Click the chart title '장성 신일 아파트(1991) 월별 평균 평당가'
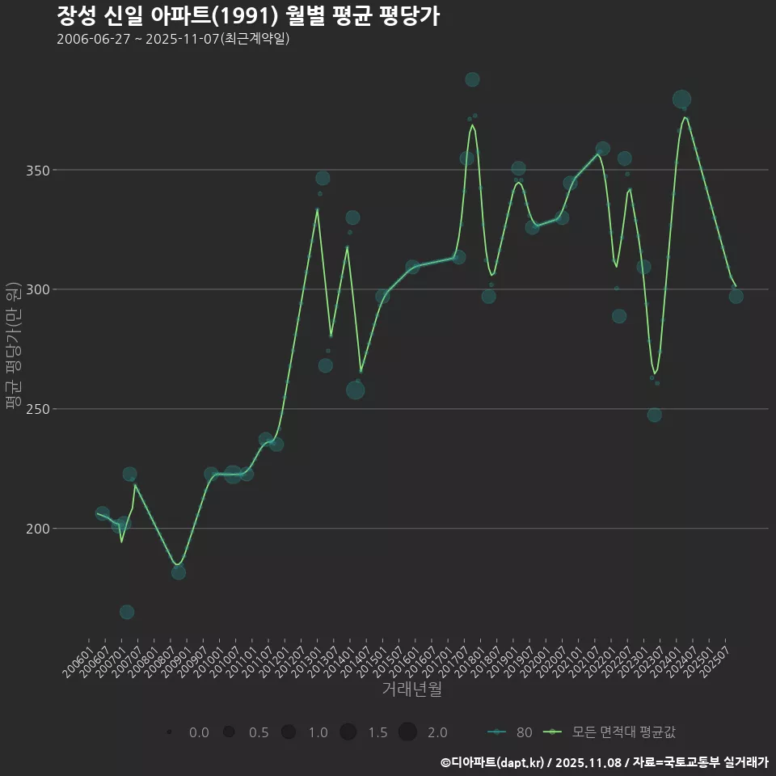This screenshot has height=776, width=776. (248, 15)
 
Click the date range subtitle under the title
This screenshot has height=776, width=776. (173, 40)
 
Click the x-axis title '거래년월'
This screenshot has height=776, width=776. (411, 690)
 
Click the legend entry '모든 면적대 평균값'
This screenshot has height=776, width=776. (623, 732)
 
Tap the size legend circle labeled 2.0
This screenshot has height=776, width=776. (407, 732)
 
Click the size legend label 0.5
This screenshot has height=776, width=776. (259, 732)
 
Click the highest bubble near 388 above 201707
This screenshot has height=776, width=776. (472, 79)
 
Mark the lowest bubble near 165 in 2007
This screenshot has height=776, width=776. (127, 612)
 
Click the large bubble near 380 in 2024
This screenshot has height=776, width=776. (681, 99)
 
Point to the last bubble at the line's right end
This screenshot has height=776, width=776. (736, 296)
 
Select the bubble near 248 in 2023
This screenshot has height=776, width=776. (654, 415)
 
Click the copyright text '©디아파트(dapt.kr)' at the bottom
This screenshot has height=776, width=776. (492, 762)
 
